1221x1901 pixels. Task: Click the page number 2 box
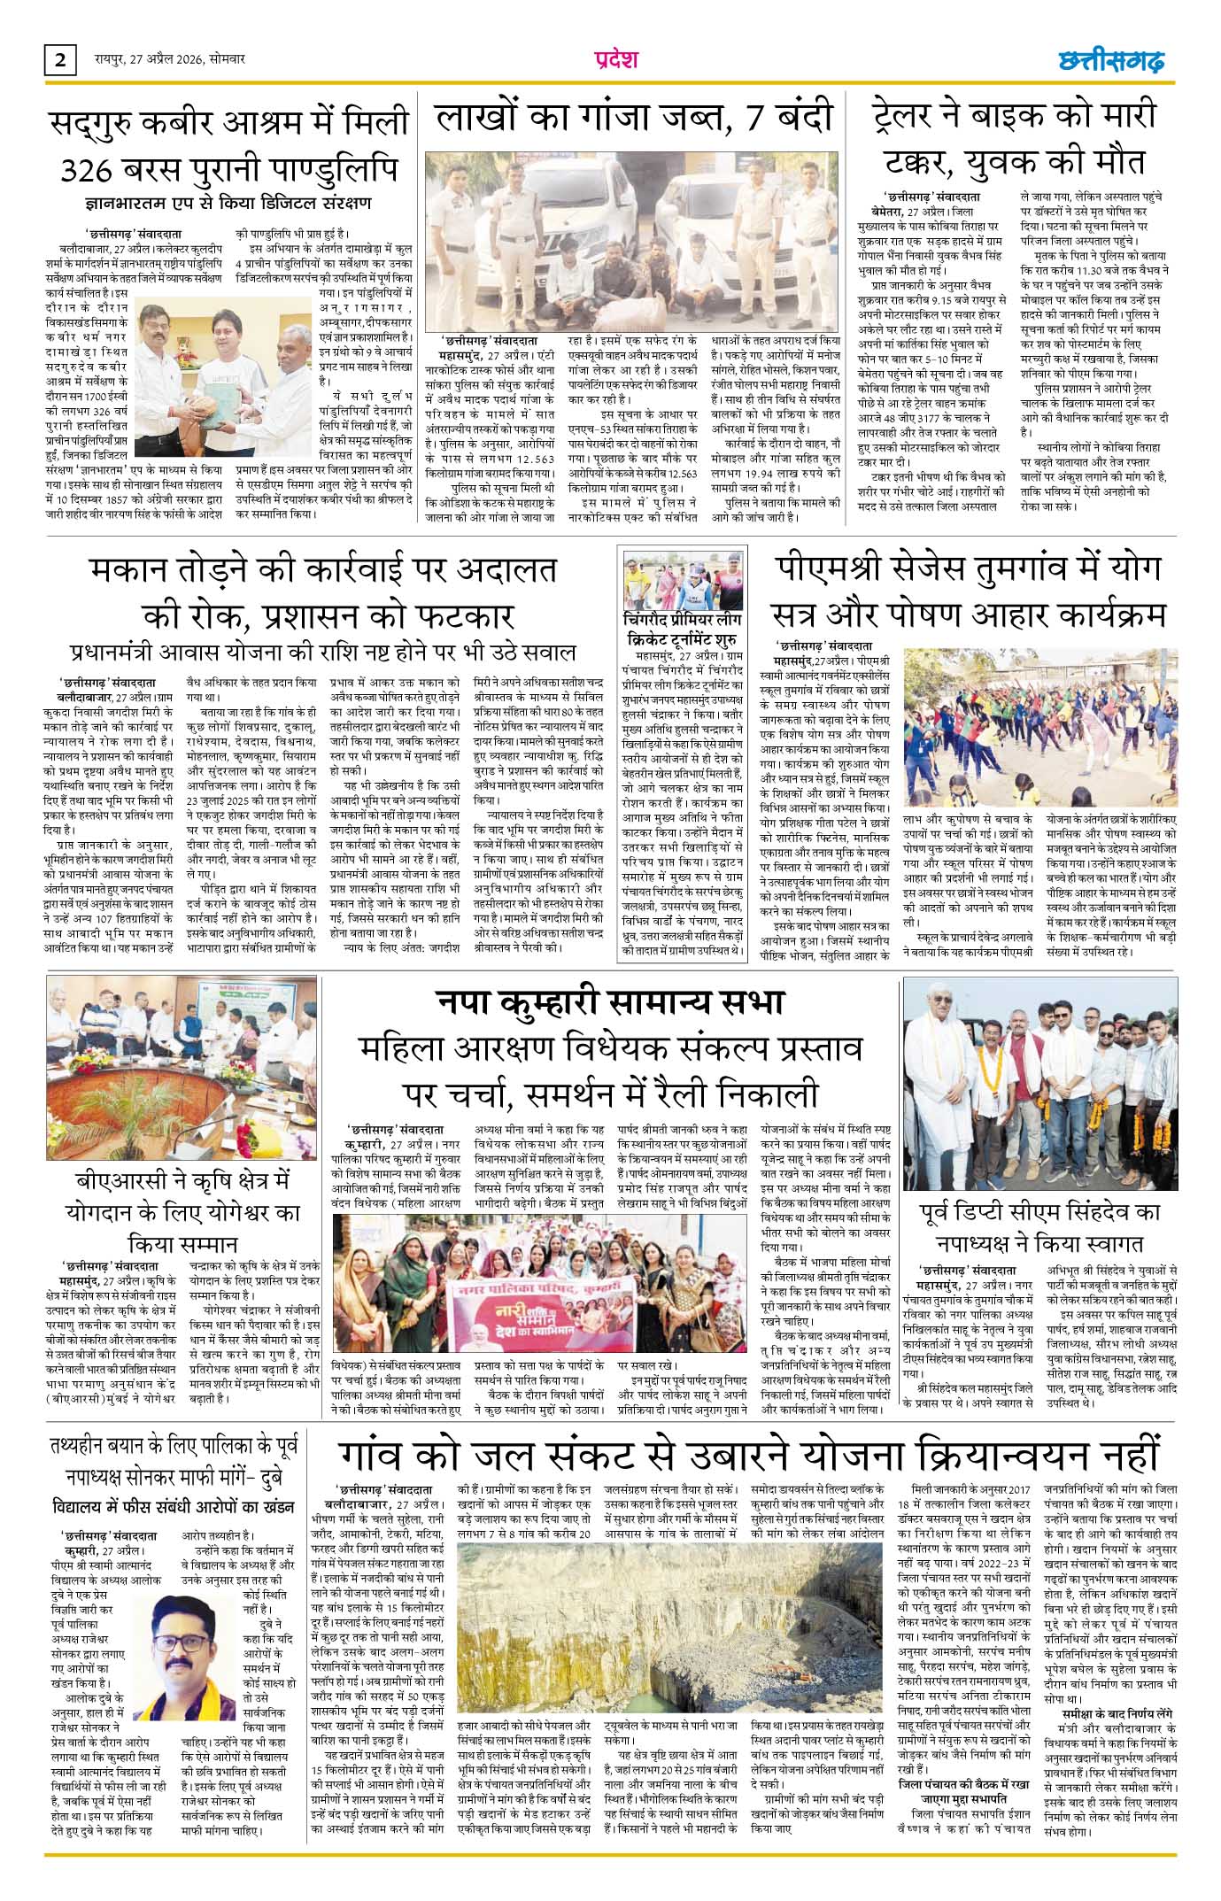[59, 60]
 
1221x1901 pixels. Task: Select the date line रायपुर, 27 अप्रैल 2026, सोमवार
[170, 60]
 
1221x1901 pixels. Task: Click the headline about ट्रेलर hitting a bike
[1013, 138]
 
